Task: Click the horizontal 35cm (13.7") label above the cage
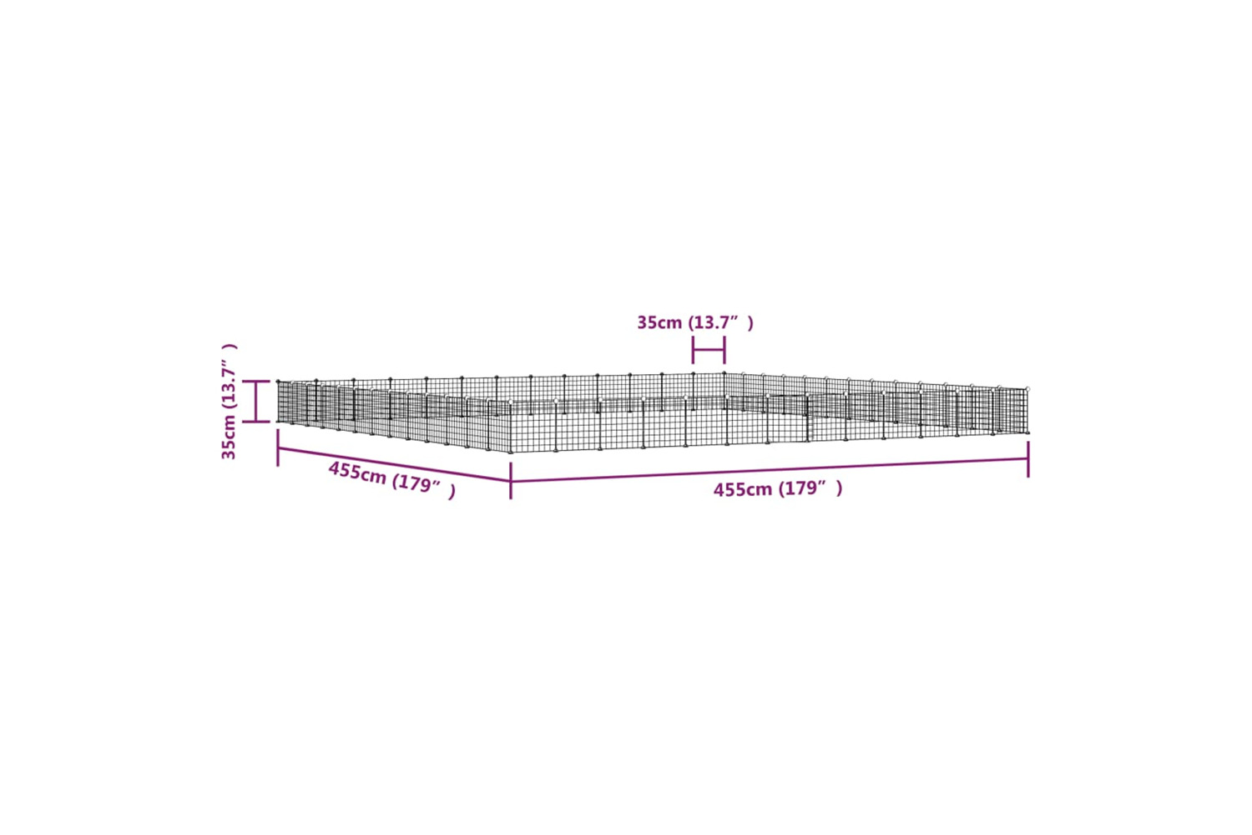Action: [x=695, y=322]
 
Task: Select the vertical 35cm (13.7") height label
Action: [x=230, y=402]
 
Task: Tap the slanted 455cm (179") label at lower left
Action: [x=391, y=479]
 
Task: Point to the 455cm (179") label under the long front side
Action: [x=777, y=489]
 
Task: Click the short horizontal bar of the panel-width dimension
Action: [x=709, y=351]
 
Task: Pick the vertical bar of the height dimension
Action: [x=256, y=402]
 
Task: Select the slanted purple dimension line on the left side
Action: [x=394, y=464]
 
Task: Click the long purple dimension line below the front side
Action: [x=770, y=470]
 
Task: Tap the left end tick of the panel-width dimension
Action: [x=693, y=350]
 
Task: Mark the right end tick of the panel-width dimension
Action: [x=725, y=350]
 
